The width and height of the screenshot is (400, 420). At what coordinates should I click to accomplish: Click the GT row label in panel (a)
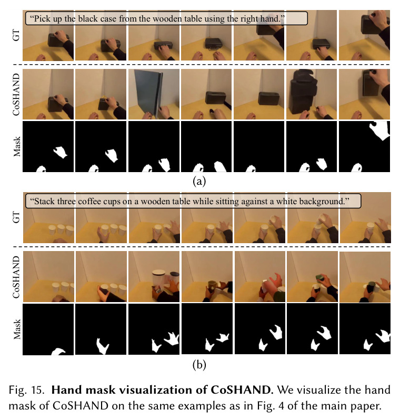(16, 35)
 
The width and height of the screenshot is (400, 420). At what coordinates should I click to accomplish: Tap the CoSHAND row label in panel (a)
(16, 94)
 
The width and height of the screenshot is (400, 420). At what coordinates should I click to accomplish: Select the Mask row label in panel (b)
(17, 329)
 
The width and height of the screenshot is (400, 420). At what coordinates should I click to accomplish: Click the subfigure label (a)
(199, 182)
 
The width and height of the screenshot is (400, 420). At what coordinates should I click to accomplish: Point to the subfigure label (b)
(199, 365)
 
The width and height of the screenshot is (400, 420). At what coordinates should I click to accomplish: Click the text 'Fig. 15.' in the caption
(26, 390)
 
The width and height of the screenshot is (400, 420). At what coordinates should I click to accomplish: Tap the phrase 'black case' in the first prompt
(97, 19)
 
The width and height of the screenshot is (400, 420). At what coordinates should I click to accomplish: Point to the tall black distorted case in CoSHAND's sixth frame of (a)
(303, 92)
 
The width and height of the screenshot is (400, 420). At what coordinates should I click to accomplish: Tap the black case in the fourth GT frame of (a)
(214, 43)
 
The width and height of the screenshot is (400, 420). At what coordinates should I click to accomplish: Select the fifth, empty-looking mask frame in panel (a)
(259, 146)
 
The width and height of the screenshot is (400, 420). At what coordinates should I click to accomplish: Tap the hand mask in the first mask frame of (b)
(58, 352)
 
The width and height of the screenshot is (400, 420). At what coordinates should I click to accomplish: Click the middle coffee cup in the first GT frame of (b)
(61, 230)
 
